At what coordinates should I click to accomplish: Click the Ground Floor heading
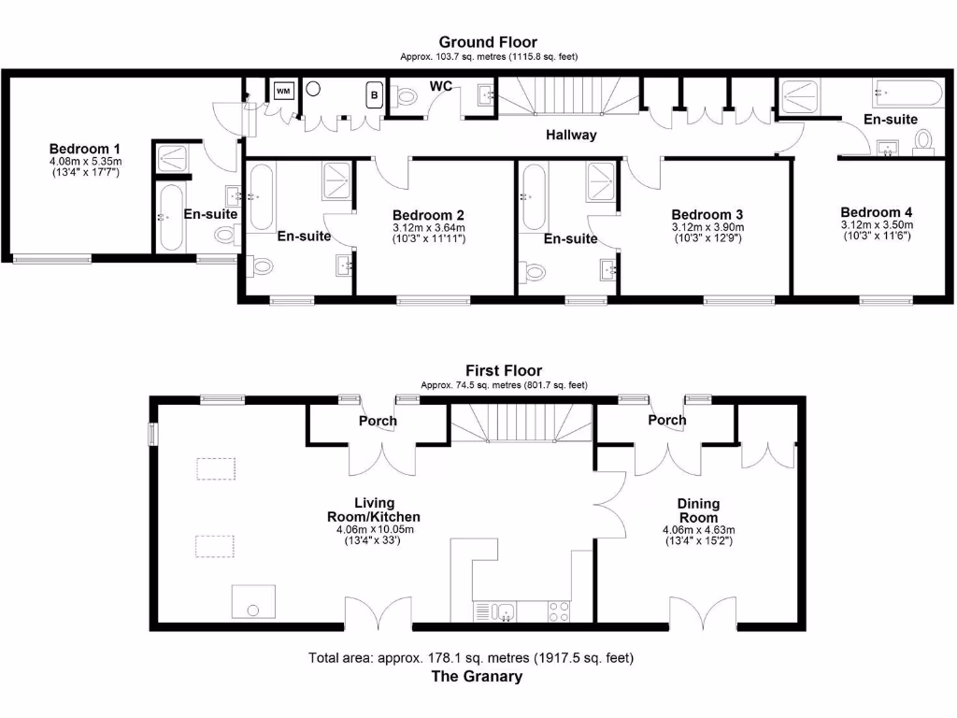coord(488,42)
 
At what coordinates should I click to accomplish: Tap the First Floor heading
coord(504,371)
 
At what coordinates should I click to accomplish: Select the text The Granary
coord(476,677)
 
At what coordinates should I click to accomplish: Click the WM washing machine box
coord(283,92)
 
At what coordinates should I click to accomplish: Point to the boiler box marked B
coord(374,95)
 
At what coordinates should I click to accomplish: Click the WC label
coord(441,87)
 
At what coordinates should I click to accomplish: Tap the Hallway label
coord(571,136)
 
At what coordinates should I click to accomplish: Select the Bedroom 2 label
coord(428,214)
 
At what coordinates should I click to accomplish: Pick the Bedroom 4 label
coord(876,212)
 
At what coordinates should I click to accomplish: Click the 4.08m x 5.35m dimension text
coord(84,161)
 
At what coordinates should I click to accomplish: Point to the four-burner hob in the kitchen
coord(560,612)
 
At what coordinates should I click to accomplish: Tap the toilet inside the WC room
coord(407,96)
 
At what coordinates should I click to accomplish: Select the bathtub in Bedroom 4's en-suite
coord(907,93)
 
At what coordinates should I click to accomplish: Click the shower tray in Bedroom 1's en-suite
coord(171,159)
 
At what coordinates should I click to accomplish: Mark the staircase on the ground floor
coord(566,96)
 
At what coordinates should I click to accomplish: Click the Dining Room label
coord(698,510)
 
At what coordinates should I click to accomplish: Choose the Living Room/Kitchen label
coord(373,510)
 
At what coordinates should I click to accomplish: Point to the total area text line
coord(477,658)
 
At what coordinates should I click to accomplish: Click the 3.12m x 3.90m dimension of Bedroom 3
coord(707,227)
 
